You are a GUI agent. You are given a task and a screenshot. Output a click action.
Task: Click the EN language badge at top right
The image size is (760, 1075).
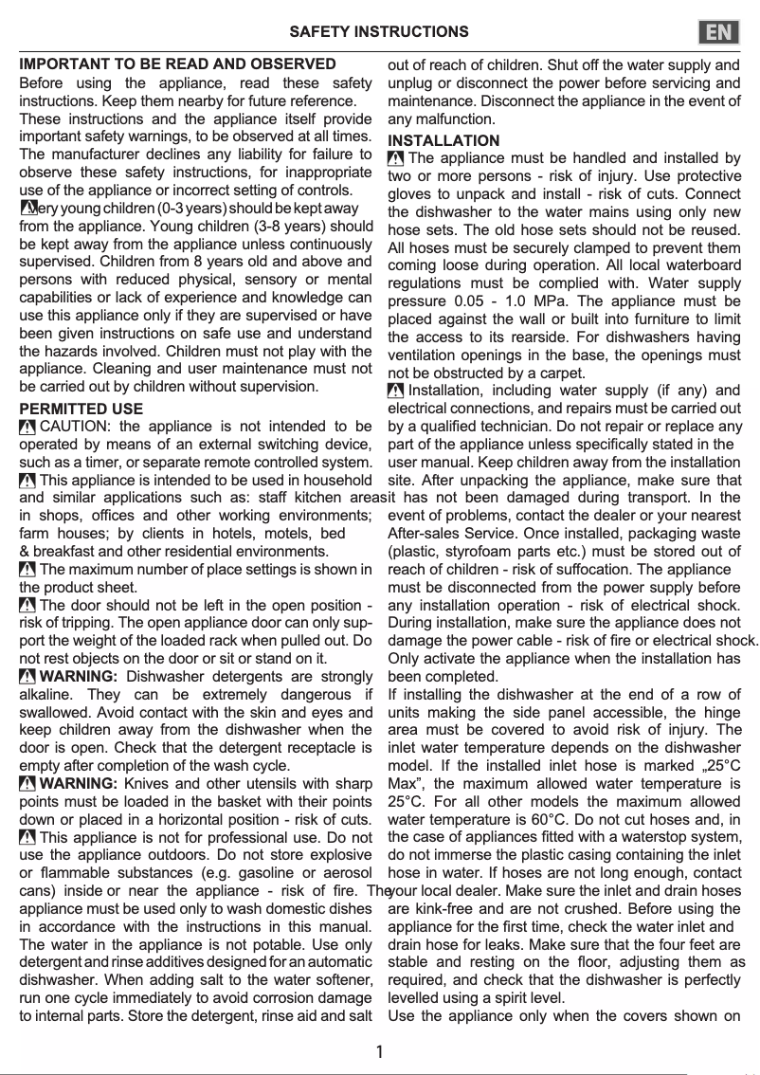719,32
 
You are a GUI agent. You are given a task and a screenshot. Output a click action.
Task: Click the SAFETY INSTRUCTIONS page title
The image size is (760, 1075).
379,32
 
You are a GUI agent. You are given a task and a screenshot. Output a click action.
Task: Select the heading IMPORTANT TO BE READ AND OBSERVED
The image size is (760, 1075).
177,64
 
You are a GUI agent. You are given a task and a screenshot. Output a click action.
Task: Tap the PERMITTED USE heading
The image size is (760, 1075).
81,409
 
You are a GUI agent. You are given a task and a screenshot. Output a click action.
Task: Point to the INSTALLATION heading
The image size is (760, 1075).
443,140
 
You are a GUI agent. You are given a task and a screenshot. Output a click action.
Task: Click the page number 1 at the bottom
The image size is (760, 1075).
379,1051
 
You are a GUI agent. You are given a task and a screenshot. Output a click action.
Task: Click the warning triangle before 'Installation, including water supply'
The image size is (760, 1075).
396,392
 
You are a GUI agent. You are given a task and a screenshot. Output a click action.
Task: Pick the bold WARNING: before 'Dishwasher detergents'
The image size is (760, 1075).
80,677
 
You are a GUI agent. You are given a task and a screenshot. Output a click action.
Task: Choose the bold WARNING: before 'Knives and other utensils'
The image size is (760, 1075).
80,784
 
